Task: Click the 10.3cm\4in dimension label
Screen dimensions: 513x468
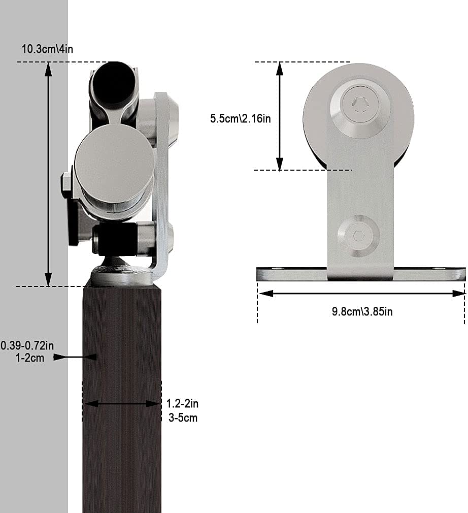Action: [45, 49]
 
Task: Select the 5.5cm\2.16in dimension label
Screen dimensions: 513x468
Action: [241, 118]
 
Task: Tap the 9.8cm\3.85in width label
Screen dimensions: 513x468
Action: [362, 311]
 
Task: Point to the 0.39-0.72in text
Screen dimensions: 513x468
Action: [27, 346]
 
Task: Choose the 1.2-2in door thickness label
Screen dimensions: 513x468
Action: [182, 404]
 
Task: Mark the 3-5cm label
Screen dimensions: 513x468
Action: [182, 418]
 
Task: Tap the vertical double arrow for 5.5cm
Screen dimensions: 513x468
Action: [279, 116]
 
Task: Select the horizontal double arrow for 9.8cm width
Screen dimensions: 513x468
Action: [361, 294]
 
